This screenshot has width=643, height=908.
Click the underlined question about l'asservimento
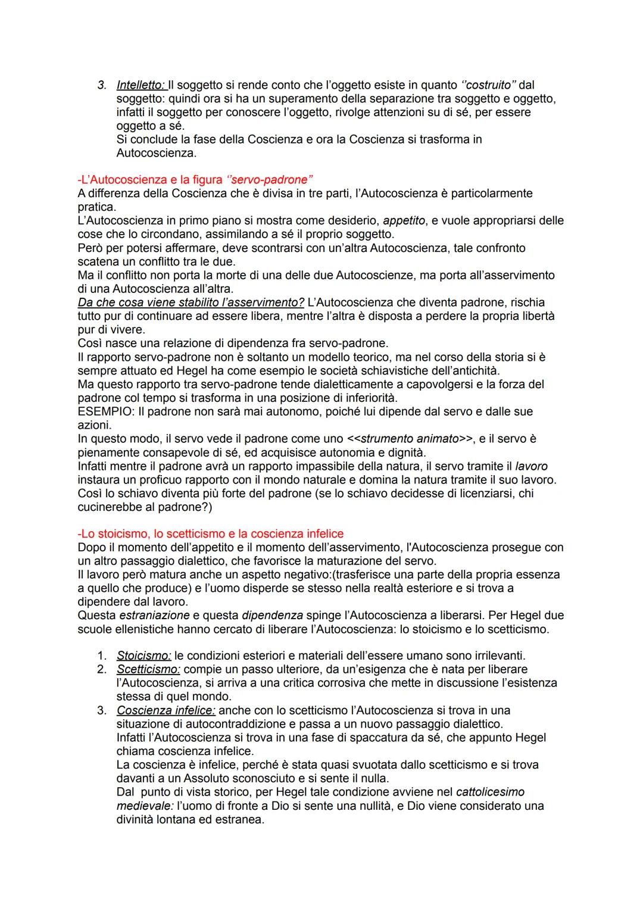click(191, 302)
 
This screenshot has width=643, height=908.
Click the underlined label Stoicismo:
click(143, 656)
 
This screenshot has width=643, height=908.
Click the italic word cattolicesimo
click(490, 792)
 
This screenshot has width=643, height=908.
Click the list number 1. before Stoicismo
click(102, 656)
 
